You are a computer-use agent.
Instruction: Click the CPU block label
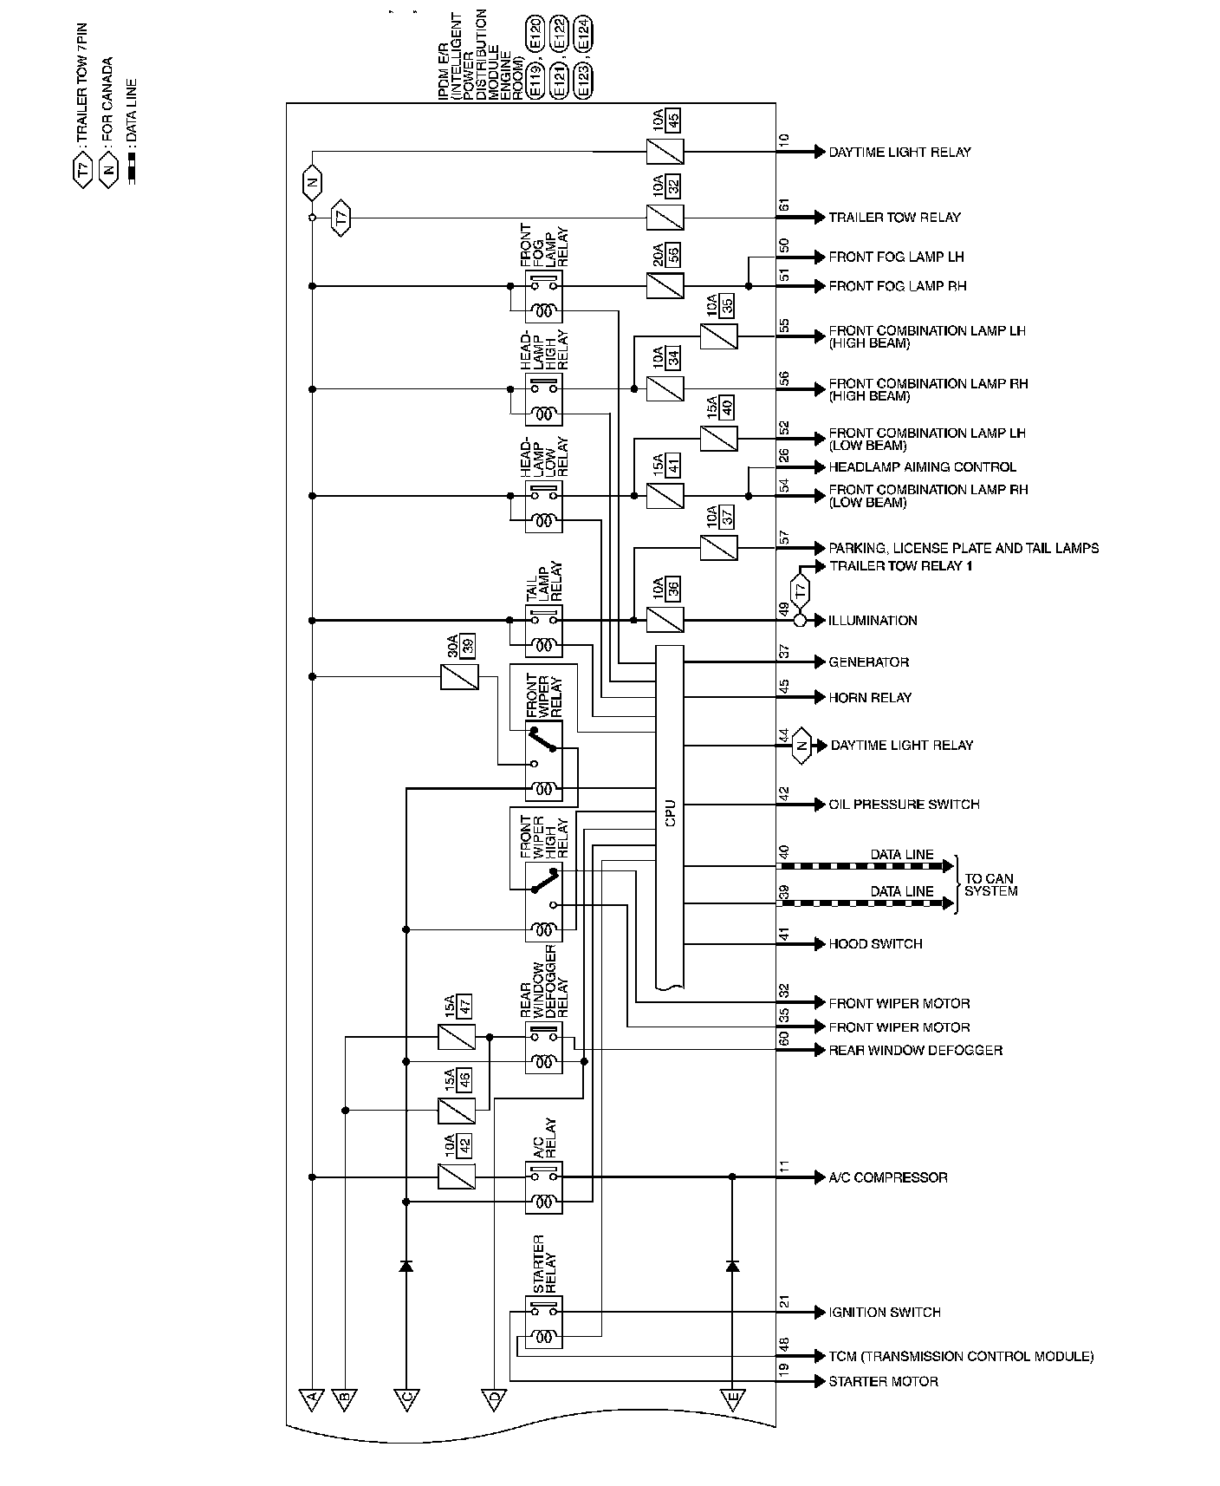(x=670, y=812)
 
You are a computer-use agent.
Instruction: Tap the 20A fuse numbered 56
(x=665, y=285)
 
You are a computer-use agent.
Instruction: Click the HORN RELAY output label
(x=870, y=697)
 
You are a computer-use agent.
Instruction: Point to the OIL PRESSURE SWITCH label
(x=904, y=805)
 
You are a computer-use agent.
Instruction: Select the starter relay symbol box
(x=543, y=1322)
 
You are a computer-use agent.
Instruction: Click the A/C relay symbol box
(x=543, y=1189)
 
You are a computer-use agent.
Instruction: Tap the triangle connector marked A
(x=310, y=1397)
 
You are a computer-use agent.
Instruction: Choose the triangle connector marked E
(x=732, y=1397)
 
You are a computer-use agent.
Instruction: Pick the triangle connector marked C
(x=406, y=1397)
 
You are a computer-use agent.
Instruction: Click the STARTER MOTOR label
(x=883, y=1381)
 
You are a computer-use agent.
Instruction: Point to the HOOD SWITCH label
(x=875, y=944)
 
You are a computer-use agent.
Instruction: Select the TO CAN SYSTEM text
(x=990, y=885)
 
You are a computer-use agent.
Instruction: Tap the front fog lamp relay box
(x=543, y=297)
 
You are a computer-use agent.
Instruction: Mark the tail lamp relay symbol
(x=543, y=631)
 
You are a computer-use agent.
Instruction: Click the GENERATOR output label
(x=868, y=662)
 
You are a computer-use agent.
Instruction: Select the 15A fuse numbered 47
(x=457, y=1037)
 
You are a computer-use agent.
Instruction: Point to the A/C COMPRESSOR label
(x=887, y=1177)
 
